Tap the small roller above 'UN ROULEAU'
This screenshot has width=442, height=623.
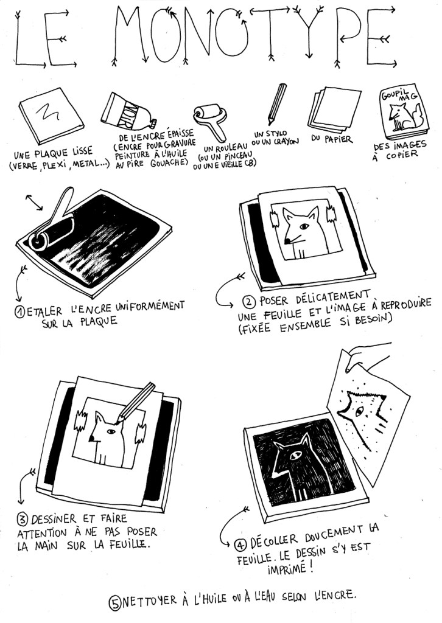(x=210, y=121)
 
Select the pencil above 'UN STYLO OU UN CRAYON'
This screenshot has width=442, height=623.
(x=276, y=103)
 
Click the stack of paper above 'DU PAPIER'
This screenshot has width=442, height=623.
(x=334, y=108)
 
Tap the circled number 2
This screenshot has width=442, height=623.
(x=249, y=303)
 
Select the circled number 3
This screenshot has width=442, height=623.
(x=23, y=520)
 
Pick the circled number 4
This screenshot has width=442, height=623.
(x=240, y=545)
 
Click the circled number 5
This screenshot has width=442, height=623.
(x=115, y=603)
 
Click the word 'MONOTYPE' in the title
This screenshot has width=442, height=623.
(x=254, y=36)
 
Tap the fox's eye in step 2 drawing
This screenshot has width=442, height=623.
(x=304, y=226)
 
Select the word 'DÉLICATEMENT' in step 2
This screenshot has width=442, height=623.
(x=333, y=297)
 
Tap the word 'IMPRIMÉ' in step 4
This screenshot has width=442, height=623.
(x=286, y=569)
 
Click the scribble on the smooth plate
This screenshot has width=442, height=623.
(x=47, y=112)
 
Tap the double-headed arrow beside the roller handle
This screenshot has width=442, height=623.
(x=34, y=202)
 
